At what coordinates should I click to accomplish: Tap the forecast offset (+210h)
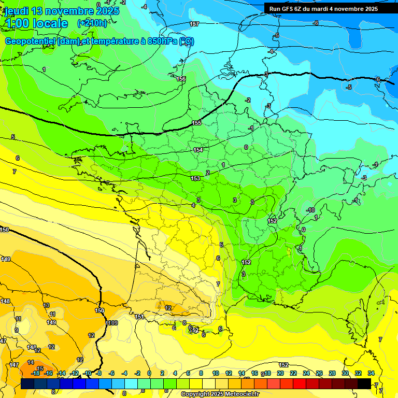(x=92, y=23)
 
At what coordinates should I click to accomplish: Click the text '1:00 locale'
(x=36, y=23)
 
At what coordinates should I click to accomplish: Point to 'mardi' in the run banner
(x=324, y=9)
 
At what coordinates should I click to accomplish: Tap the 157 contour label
(x=194, y=24)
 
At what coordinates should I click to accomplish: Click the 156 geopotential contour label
(x=181, y=79)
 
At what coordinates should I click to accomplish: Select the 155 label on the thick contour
(x=196, y=123)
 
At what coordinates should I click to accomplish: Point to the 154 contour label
(x=198, y=150)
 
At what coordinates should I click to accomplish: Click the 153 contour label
(x=195, y=178)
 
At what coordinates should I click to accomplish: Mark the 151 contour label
(x=139, y=317)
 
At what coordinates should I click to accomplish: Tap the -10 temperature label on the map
(x=311, y=210)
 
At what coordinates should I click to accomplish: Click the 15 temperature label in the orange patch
(x=40, y=368)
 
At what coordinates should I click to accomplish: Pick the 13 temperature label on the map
(x=47, y=305)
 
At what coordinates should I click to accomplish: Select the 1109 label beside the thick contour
(x=112, y=323)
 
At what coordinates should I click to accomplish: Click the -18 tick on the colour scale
(x=36, y=373)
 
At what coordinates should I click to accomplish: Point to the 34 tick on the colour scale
(x=371, y=373)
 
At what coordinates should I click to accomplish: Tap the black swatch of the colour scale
(x=364, y=383)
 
